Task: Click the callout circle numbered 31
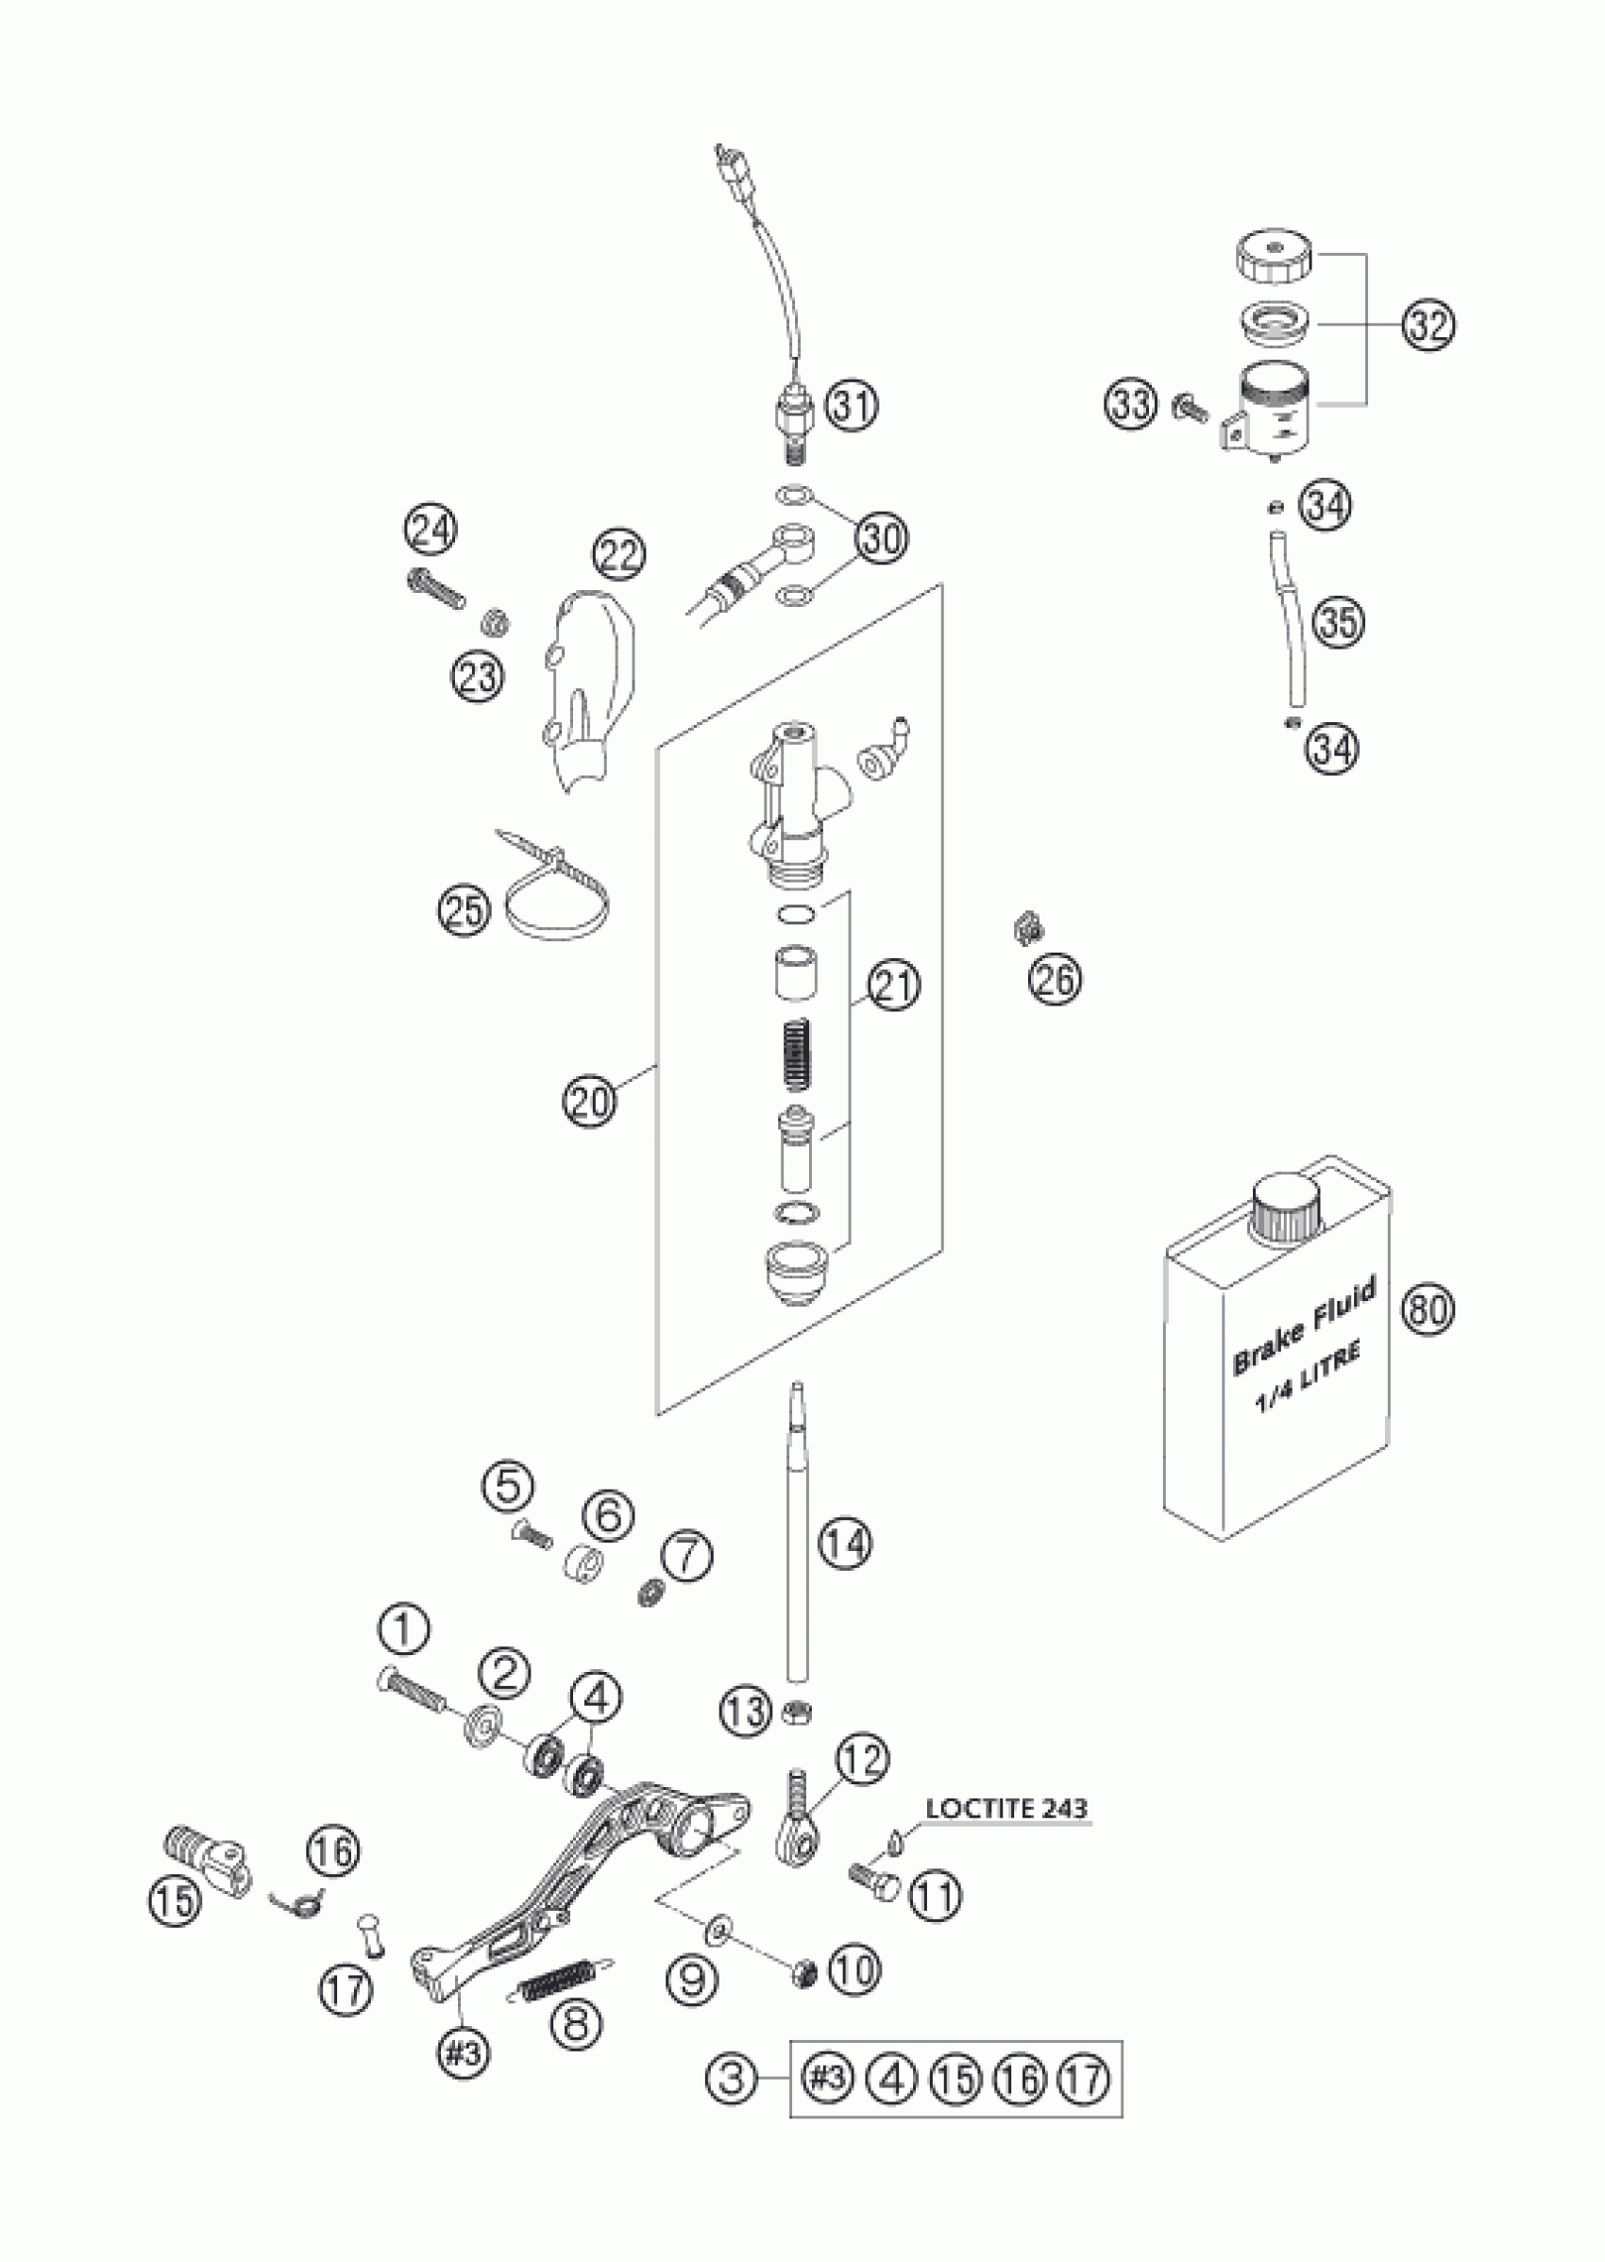[851, 405]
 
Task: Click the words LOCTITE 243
[1006, 1810]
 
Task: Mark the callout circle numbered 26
[1056, 979]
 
